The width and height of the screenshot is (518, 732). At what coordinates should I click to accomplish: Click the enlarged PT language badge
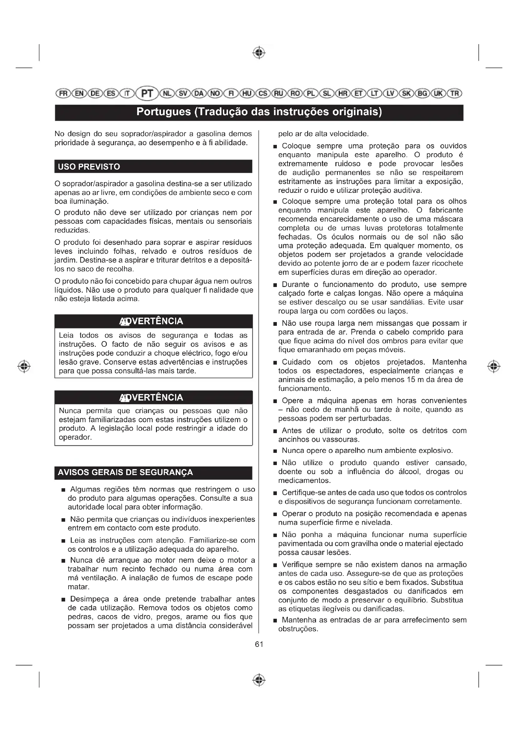point(147,93)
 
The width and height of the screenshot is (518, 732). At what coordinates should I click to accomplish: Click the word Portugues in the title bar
point(163,112)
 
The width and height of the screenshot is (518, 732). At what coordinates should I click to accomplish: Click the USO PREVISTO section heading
point(89,167)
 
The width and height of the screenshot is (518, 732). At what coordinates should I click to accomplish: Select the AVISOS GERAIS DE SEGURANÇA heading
point(125,472)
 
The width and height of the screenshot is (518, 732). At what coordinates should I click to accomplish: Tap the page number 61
point(259,644)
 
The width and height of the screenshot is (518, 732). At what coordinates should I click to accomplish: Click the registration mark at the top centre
point(259,53)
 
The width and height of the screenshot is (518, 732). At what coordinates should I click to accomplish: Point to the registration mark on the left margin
point(24,366)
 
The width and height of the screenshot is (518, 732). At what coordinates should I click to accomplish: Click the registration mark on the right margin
point(494,366)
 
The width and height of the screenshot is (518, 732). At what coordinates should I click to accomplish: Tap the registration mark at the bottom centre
point(259,680)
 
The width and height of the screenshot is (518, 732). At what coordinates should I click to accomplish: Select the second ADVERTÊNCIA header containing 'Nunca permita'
point(153,397)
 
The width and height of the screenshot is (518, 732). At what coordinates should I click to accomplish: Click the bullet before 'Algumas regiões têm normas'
point(64,490)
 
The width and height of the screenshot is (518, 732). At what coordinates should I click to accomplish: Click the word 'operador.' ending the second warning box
point(75,437)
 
